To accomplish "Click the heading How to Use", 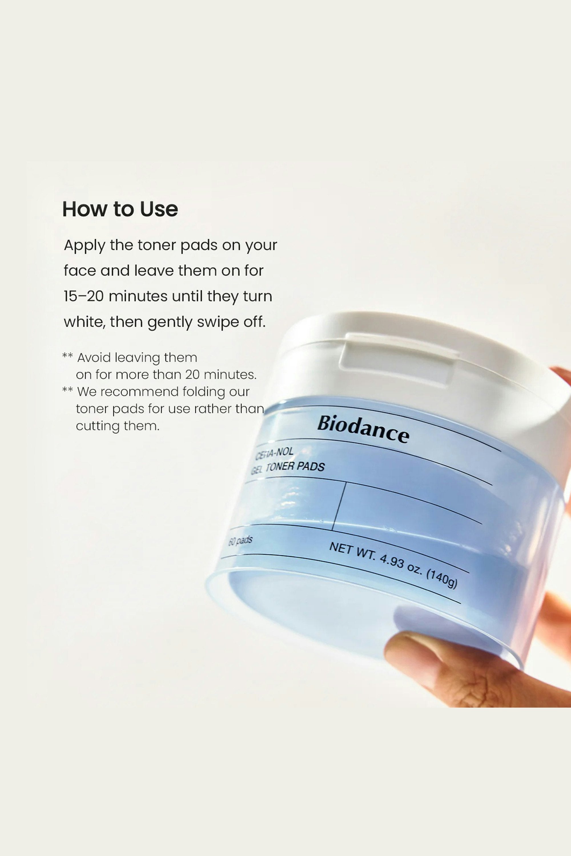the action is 120,209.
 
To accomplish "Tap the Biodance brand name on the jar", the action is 363,429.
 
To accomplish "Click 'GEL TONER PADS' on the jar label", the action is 288,467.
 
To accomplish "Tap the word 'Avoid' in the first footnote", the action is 94,358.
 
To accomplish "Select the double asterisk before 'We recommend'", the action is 67,389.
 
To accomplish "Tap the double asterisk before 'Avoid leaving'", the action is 67,355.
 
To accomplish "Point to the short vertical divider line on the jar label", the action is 339,506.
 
